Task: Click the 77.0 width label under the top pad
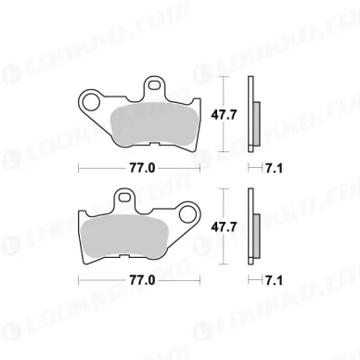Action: (x=142, y=169)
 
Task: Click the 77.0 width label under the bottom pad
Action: (x=142, y=281)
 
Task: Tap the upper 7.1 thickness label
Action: (x=274, y=169)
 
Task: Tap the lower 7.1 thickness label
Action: (x=274, y=281)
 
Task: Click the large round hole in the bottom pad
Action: (x=187, y=214)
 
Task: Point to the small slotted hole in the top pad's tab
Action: (x=154, y=84)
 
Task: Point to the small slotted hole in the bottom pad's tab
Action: (x=124, y=197)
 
